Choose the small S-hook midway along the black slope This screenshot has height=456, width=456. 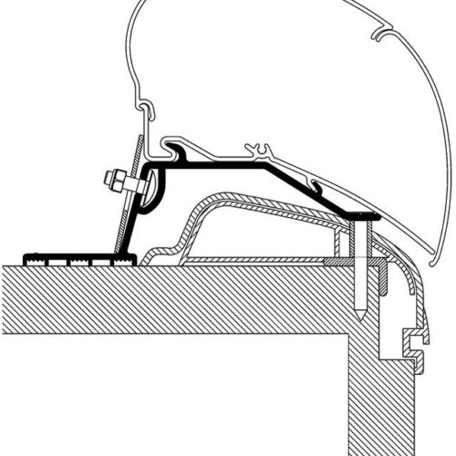[x=316, y=187]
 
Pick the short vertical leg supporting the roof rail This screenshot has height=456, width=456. [x=338, y=242]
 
